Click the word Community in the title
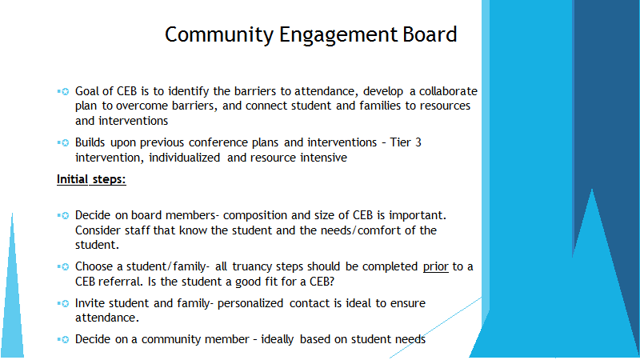tap(219, 35)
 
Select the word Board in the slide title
tap(430, 34)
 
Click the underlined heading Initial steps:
tap(91, 179)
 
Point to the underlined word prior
tap(435, 267)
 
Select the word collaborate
tap(448, 91)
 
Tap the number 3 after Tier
tap(418, 142)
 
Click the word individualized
tap(185, 158)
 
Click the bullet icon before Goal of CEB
tap(64, 91)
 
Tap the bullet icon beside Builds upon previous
tap(64, 143)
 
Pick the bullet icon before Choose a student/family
tap(64, 267)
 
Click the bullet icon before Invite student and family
tap(64, 304)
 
